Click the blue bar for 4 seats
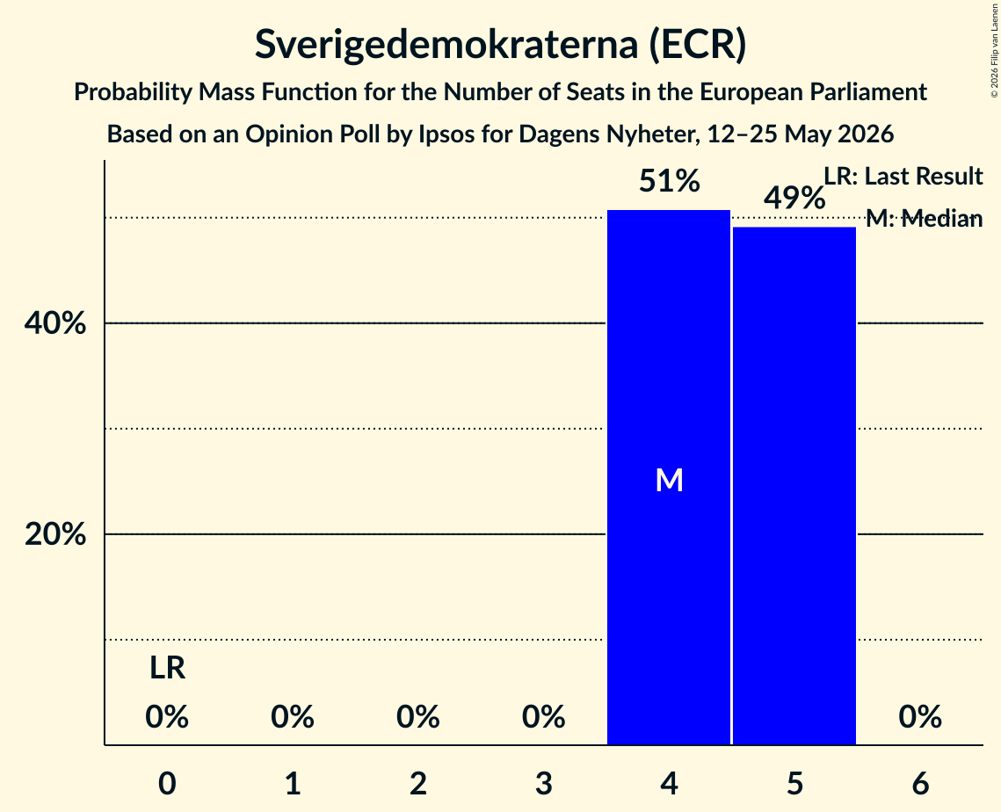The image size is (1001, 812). point(669,477)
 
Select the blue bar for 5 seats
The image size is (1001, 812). point(794,486)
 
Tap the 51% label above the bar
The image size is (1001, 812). point(669,181)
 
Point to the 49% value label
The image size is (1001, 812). point(794,199)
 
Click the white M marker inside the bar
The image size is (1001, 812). point(669,480)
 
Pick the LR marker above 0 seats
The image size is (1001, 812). point(167,669)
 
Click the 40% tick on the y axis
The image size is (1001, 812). point(55,323)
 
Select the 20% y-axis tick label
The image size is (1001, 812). point(55,533)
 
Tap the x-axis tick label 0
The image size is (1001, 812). point(167,783)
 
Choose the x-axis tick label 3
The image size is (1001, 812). point(543,783)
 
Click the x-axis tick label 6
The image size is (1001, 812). point(920,783)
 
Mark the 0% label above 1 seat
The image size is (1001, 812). point(293,717)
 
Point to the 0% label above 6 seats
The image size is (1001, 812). point(920,717)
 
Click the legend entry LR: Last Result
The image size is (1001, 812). point(903,176)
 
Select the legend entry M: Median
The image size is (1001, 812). point(924,219)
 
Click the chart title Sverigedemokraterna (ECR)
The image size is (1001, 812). point(501,45)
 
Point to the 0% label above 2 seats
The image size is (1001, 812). point(418,717)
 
